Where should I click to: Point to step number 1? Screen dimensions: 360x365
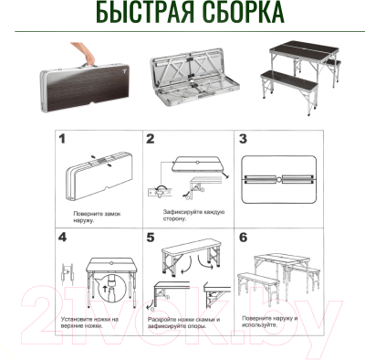63,139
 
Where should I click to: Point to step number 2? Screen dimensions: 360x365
151,139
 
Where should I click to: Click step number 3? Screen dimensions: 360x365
243,139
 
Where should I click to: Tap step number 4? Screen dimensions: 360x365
63,237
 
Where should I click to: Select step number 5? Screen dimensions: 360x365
151,237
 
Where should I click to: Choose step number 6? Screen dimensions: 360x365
243,237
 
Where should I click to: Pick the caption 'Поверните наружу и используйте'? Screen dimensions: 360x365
273,319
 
